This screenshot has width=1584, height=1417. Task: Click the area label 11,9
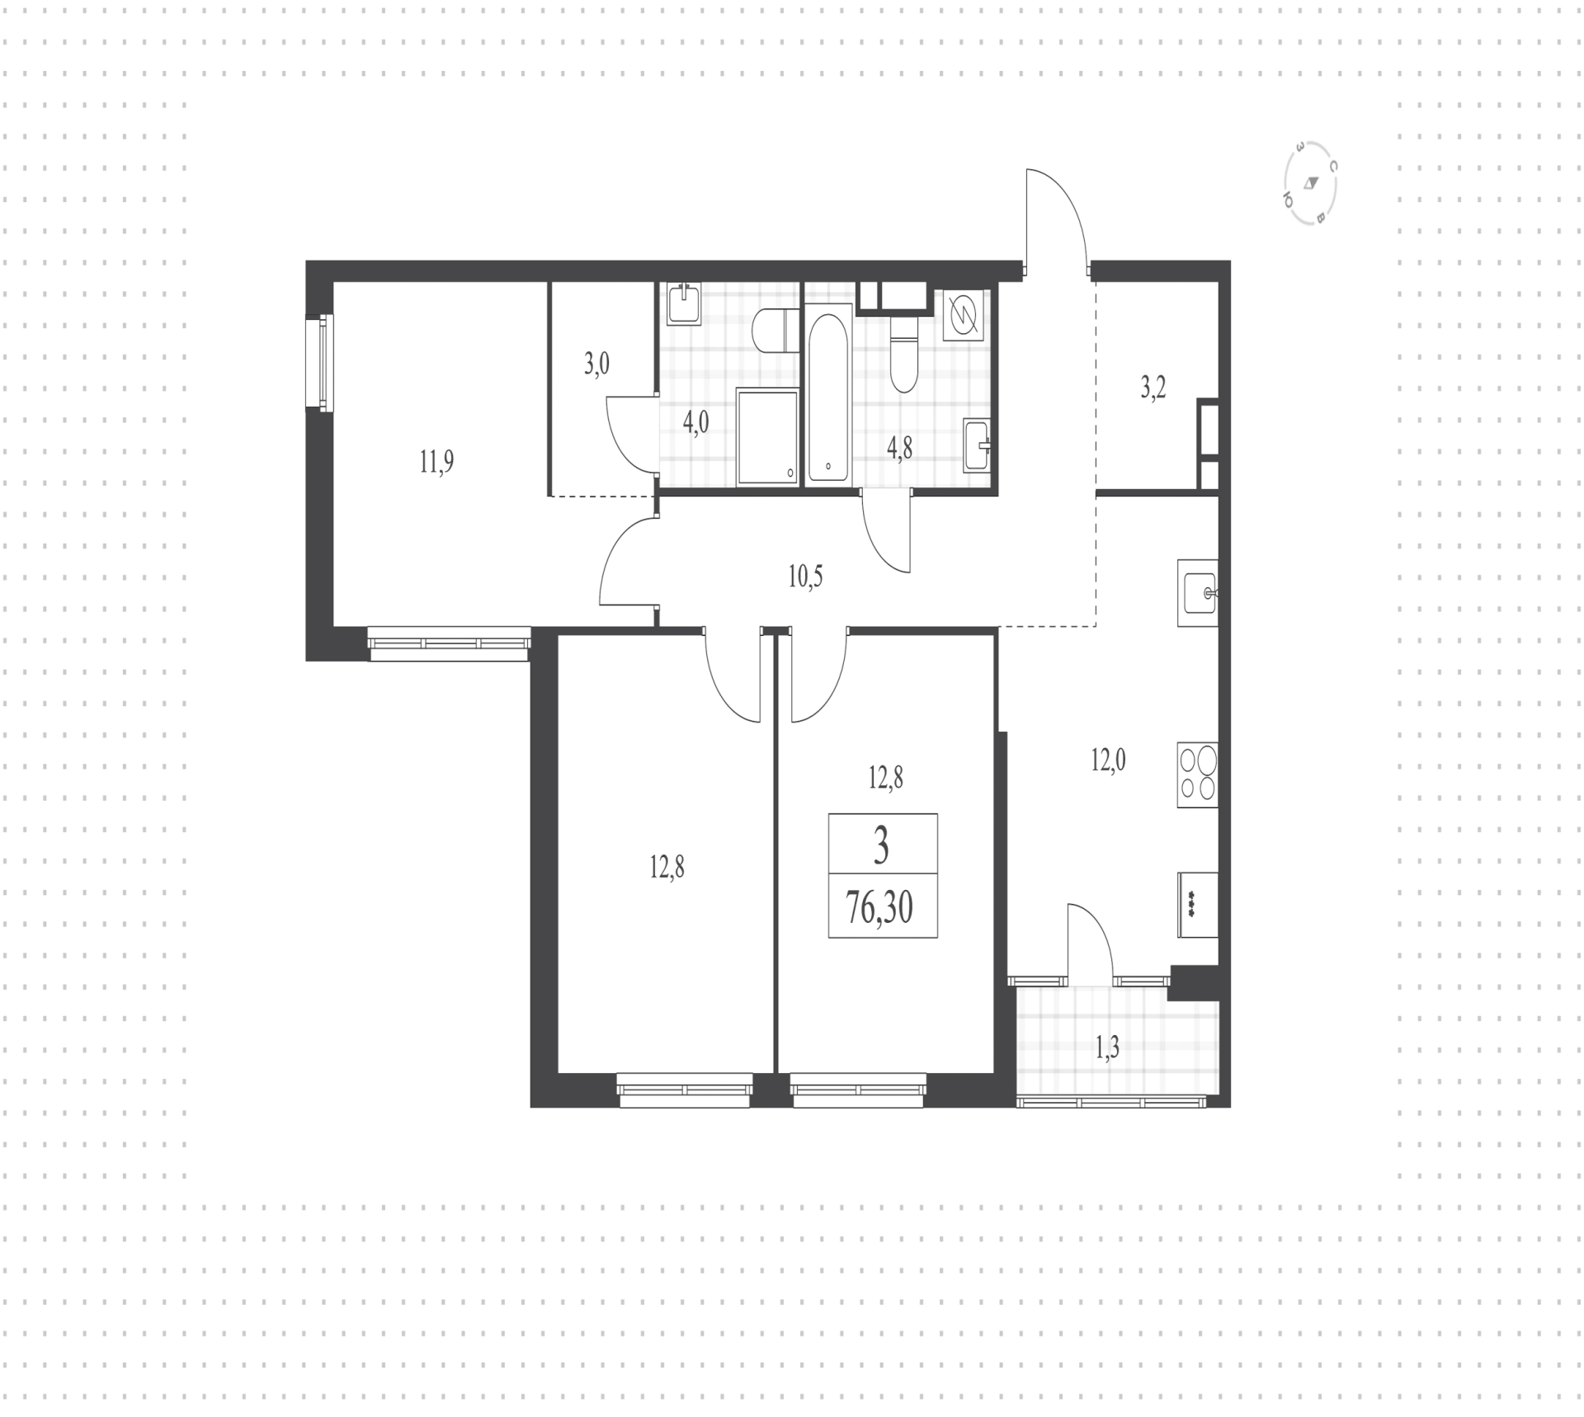pos(436,462)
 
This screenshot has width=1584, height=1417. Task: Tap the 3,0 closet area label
pos(596,364)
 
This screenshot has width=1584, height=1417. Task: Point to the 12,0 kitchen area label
pos(1108,760)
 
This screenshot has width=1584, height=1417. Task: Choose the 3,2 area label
pos(1153,388)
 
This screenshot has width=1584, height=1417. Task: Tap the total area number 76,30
pos(879,909)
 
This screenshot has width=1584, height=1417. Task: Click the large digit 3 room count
pos(881,847)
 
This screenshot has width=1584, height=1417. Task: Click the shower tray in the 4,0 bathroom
pos(768,437)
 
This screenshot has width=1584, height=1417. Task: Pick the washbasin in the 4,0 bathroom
pos(683,304)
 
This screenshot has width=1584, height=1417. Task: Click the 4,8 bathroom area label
pos(899,449)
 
